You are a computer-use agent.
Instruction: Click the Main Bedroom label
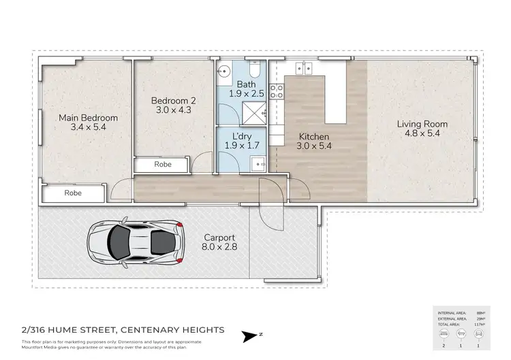(88, 118)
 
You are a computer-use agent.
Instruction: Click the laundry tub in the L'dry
(258, 163)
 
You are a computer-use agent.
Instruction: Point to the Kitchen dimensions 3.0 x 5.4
(313, 146)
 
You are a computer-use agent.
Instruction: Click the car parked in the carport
(136, 242)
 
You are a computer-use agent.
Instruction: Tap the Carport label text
(219, 239)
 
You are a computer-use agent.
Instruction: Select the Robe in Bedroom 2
(162, 165)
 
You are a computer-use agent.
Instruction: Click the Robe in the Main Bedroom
(73, 193)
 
